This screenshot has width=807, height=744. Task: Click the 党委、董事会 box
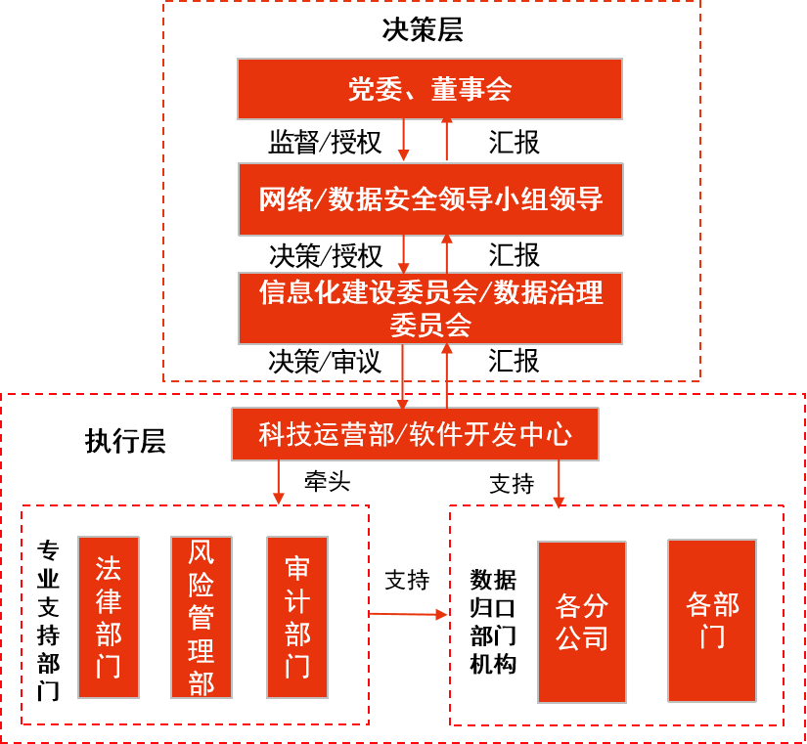point(430,89)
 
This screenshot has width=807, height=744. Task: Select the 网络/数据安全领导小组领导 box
point(430,199)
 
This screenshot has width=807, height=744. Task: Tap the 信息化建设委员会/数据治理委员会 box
point(430,308)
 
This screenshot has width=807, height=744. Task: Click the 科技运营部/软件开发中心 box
point(415,434)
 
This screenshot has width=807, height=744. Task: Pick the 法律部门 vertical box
point(109,617)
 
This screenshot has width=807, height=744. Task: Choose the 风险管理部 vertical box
point(202,617)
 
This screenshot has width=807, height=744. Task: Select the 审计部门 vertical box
point(297,617)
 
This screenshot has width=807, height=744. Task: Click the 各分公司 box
point(582,622)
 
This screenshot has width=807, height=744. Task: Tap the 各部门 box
point(712,620)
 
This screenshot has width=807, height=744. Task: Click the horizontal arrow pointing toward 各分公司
point(409,614)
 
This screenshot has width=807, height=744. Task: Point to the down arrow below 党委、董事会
point(403,141)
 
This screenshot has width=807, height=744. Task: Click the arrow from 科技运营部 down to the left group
point(279,482)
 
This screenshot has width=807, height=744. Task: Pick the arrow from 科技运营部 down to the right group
point(559,484)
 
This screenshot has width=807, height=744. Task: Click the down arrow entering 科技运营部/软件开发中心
point(402,376)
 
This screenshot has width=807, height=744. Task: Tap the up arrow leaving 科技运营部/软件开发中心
point(447,375)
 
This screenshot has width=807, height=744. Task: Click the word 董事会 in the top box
point(471,90)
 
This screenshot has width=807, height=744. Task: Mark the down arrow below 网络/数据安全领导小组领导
point(403,254)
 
